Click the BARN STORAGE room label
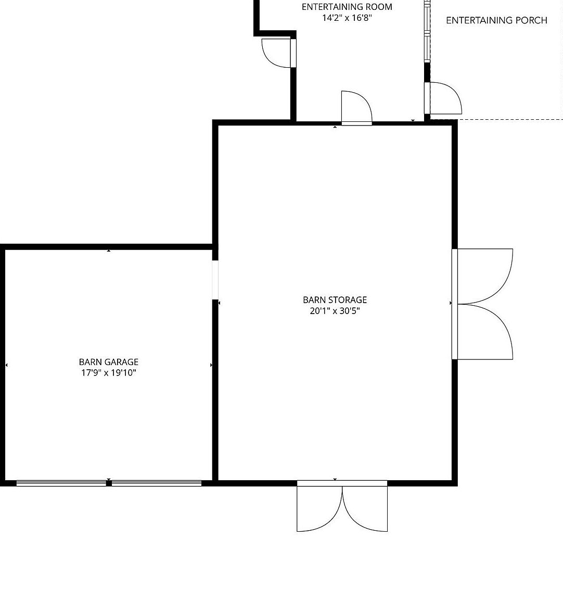(335, 299)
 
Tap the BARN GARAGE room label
(109, 361)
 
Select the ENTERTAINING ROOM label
(347, 7)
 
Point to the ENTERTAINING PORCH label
(496, 20)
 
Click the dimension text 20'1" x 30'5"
(335, 311)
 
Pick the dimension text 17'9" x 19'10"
(109, 373)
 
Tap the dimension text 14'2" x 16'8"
(347, 18)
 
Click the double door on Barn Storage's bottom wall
(342, 506)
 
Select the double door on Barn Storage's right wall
(482, 304)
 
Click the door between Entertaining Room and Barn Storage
(356, 108)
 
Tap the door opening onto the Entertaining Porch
(443, 98)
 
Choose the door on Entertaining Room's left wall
(279, 53)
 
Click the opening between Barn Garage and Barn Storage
(215, 280)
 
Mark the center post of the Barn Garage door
(109, 483)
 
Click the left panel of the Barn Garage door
(61, 483)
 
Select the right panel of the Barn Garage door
(157, 483)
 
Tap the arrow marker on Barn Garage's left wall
(6, 365)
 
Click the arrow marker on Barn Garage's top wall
(109, 251)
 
